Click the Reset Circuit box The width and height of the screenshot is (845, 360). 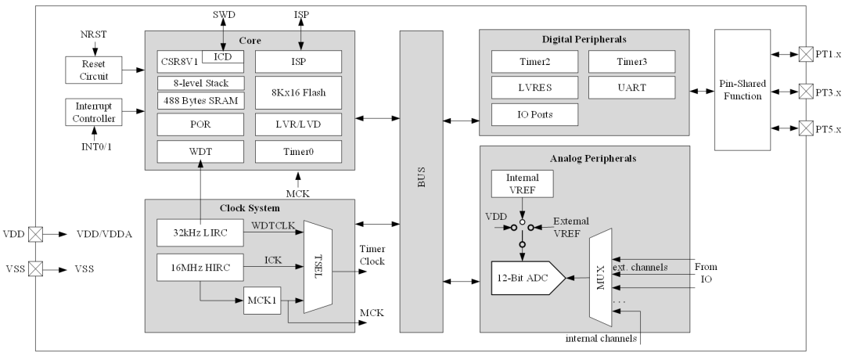tap(94, 70)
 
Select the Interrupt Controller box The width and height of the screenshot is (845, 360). tap(94, 112)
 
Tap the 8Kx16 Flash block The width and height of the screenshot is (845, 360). tap(298, 92)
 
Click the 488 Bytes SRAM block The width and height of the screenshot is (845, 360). tap(200, 100)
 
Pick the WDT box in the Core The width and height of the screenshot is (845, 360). tap(200, 152)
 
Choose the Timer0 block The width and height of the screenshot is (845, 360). tap(298, 152)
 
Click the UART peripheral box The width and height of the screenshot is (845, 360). tap(631, 88)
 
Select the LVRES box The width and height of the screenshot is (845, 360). tap(534, 88)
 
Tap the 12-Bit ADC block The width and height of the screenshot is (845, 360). tap(528, 278)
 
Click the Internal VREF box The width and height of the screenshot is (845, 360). tap(522, 183)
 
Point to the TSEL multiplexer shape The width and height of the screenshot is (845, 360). tap(318, 267)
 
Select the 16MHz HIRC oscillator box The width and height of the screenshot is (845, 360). tap(200, 268)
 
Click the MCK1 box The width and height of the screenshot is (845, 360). tap(262, 301)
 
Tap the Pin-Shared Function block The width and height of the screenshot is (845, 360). tap(743, 90)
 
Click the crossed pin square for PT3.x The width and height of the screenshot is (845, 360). tap(805, 91)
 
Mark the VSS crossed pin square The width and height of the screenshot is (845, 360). tap(35, 268)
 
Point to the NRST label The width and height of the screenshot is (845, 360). tap(95, 34)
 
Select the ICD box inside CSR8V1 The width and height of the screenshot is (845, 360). tap(222, 56)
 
